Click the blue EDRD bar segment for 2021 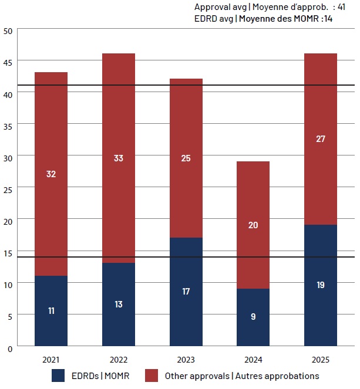51,310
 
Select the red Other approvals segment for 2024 253,225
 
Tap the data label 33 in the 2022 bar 119,158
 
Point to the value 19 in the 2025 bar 321,285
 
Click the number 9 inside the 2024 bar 253,316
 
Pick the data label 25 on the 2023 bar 186,158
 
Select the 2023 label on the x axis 186,360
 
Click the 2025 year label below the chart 321,360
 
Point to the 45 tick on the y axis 8,63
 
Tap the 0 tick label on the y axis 10,349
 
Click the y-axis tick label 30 8,158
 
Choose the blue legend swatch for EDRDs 58,376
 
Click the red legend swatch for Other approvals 152,376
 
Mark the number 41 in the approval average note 341,7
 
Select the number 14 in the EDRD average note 328,19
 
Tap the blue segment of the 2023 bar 186,292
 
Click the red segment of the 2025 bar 321,139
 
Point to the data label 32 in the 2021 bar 51,174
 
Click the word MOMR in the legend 117,376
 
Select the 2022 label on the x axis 119,360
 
